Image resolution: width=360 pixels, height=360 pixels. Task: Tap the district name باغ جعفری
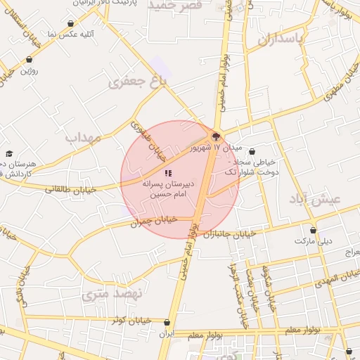(x=139, y=82)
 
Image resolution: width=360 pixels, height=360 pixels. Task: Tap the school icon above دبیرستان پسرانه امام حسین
(x=168, y=173)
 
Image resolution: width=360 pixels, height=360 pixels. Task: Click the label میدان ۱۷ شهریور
(x=216, y=149)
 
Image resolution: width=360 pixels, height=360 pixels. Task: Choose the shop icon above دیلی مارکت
(x=313, y=230)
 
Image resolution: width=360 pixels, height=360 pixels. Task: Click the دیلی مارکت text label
(x=312, y=240)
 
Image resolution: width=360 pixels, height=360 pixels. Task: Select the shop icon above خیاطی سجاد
(x=252, y=151)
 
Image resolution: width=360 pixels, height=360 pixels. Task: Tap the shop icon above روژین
(x=29, y=60)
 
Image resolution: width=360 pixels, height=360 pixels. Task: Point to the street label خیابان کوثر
(x=134, y=320)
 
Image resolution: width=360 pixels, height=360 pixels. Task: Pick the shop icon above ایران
(x=166, y=324)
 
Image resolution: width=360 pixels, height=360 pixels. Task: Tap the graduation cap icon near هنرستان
(x=9, y=153)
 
